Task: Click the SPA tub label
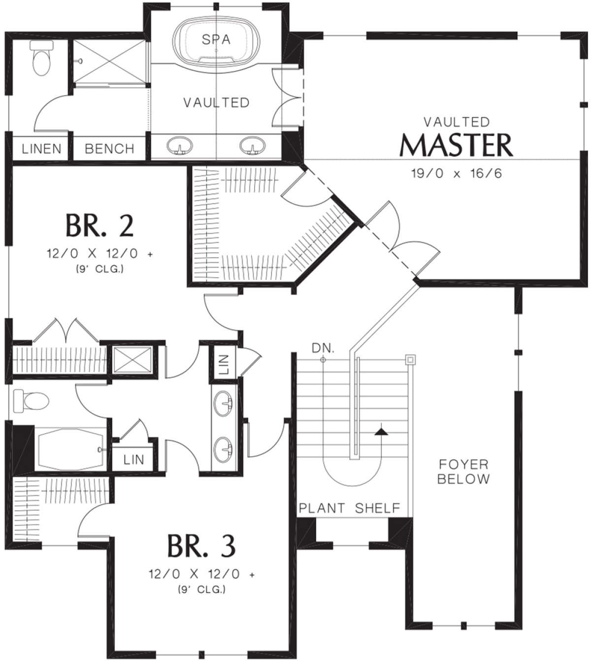coord(216,40)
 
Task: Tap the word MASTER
coord(456,145)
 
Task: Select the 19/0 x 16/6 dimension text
coord(456,173)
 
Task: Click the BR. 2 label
coord(100,225)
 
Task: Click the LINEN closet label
coord(41,149)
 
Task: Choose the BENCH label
coord(109,149)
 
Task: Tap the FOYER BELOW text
coord(463,472)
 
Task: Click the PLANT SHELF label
coord(350,508)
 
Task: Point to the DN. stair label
coord(323,348)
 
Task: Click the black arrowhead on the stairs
coord(381,432)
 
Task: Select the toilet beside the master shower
coord(41,58)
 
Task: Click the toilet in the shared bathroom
coord(31,400)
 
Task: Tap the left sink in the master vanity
coord(179,145)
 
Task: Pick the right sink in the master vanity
coord(252,145)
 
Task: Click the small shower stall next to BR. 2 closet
coord(132,360)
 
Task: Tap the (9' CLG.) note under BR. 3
coord(201,590)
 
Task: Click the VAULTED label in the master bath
coord(216,103)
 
